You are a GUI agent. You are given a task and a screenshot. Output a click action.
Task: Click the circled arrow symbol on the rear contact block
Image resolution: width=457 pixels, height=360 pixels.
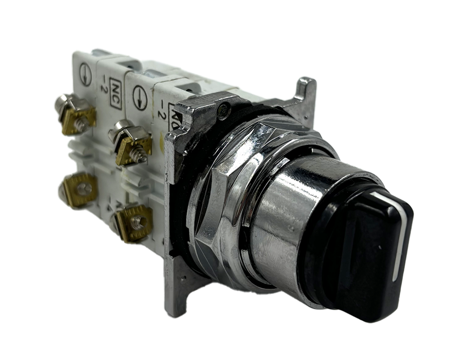point(85,74)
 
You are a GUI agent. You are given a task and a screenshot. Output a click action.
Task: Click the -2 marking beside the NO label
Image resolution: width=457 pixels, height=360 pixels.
point(161,111)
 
